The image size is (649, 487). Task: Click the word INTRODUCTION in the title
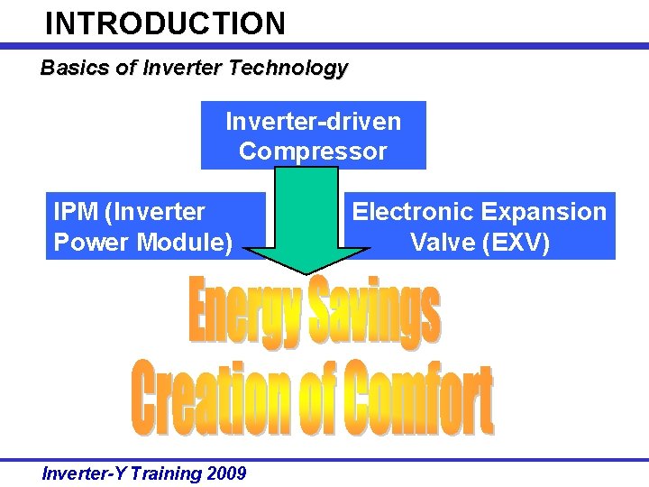(165, 23)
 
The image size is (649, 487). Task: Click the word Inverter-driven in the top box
(313, 121)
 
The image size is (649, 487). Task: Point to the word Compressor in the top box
(313, 151)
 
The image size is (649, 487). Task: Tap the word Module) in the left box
(186, 242)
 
